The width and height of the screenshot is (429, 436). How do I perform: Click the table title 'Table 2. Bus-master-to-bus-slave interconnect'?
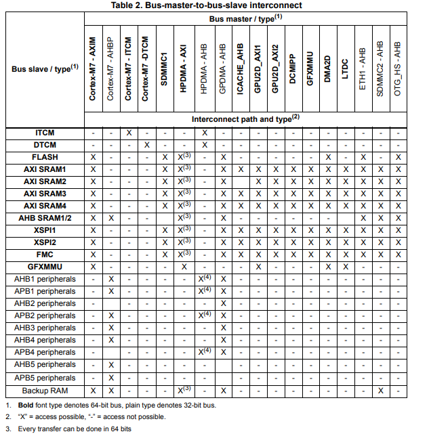point(215,5)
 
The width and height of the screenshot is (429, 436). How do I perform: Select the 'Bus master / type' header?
point(245,18)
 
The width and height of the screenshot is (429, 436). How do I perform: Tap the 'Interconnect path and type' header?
point(245,118)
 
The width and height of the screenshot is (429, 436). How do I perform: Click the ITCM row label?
point(45,133)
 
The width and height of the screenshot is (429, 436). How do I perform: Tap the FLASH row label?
point(45,156)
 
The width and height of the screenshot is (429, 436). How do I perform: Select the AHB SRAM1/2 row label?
point(45,217)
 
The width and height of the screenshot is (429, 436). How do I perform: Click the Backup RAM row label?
point(45,391)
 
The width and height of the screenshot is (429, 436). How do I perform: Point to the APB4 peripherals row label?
point(45,352)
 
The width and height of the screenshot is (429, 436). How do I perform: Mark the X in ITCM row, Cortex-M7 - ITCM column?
point(129,133)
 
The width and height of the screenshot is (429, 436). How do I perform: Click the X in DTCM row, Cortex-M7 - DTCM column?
point(147,145)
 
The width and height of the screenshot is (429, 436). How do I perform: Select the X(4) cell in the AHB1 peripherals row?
point(205,278)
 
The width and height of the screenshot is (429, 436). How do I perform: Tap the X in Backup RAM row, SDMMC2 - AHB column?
point(382,391)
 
